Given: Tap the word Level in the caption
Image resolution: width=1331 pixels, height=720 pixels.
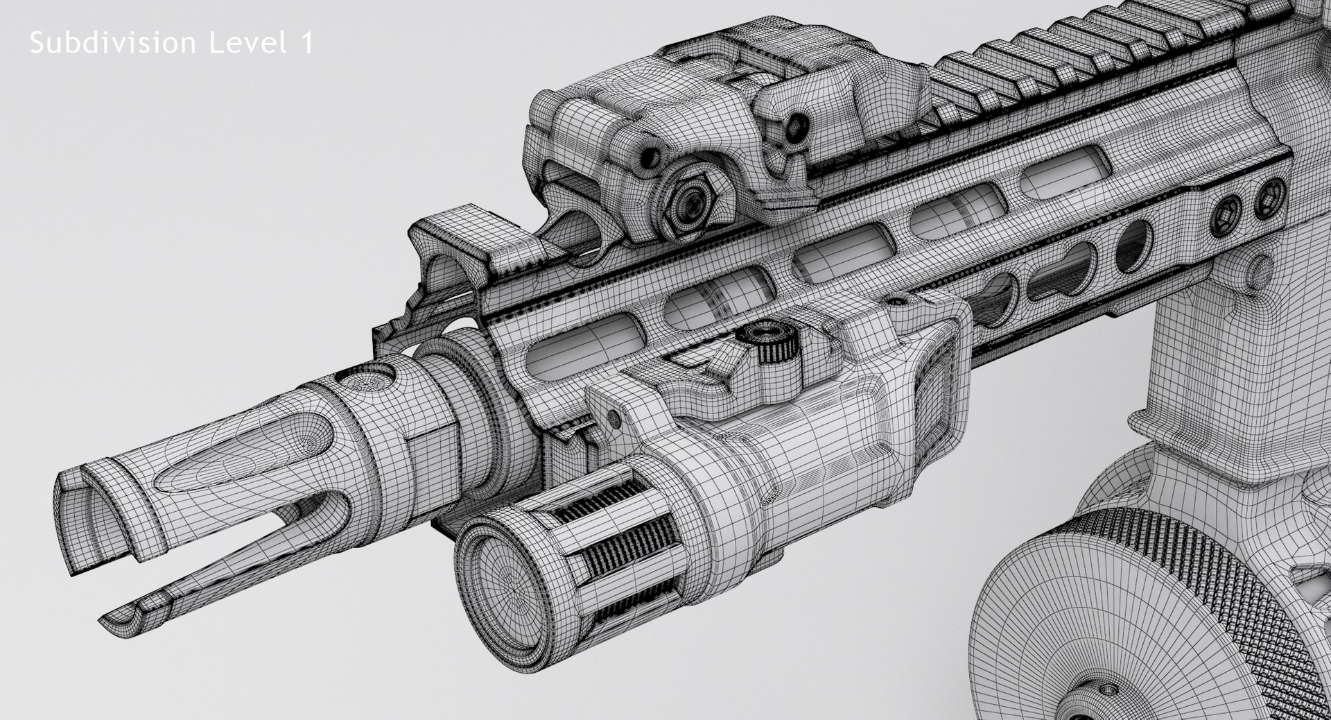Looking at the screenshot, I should pos(248,44).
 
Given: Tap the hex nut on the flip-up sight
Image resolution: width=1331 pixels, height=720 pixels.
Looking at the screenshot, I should pos(688,202).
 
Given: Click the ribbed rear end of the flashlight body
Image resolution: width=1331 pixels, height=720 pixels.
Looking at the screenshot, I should pos(932,388).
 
